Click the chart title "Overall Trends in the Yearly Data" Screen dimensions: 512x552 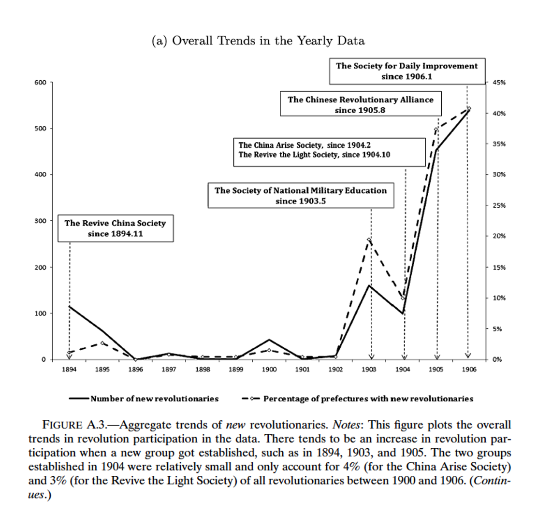(x=258, y=41)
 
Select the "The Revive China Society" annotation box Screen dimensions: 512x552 (x=115, y=228)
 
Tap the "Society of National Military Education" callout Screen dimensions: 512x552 (x=301, y=196)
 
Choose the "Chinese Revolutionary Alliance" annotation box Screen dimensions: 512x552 (x=361, y=104)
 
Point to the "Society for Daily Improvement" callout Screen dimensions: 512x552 (x=407, y=71)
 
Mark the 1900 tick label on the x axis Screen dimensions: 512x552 (x=269, y=370)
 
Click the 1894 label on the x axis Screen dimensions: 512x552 (x=69, y=370)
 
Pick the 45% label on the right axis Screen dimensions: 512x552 (x=498, y=83)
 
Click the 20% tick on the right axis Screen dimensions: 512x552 (x=498, y=236)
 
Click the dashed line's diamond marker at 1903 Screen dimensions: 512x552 (x=369, y=240)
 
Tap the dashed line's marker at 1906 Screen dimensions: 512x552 (x=468, y=108)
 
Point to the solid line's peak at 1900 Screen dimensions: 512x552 (x=269, y=340)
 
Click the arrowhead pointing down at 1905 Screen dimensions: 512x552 (x=437, y=356)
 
